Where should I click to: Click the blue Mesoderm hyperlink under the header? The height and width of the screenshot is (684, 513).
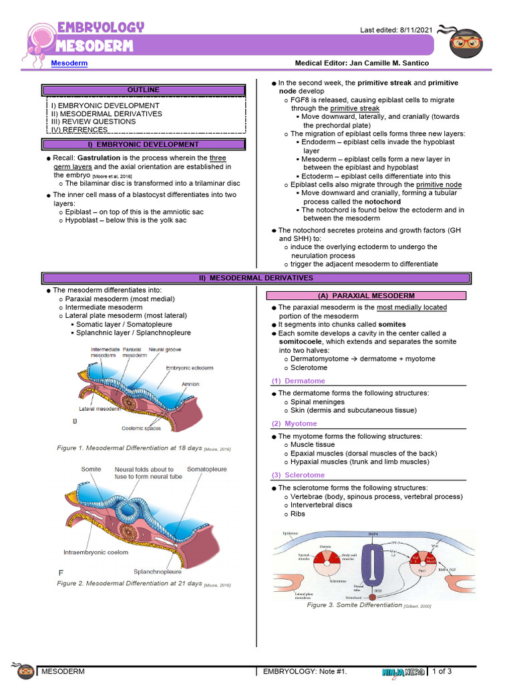(x=69, y=63)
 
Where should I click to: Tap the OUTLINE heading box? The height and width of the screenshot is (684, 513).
(x=144, y=90)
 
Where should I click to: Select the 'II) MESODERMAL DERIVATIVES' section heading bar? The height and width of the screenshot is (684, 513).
(x=256, y=278)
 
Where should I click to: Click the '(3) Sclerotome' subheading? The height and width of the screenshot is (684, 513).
(x=298, y=475)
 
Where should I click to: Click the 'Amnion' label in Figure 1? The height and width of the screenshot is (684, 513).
(x=190, y=384)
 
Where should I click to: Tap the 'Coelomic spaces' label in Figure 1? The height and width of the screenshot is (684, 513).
(x=142, y=427)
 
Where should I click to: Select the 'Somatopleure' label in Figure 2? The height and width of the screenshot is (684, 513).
(x=206, y=469)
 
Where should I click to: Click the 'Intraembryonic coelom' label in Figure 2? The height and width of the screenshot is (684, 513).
(x=96, y=552)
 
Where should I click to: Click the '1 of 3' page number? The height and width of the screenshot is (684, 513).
(x=443, y=671)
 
